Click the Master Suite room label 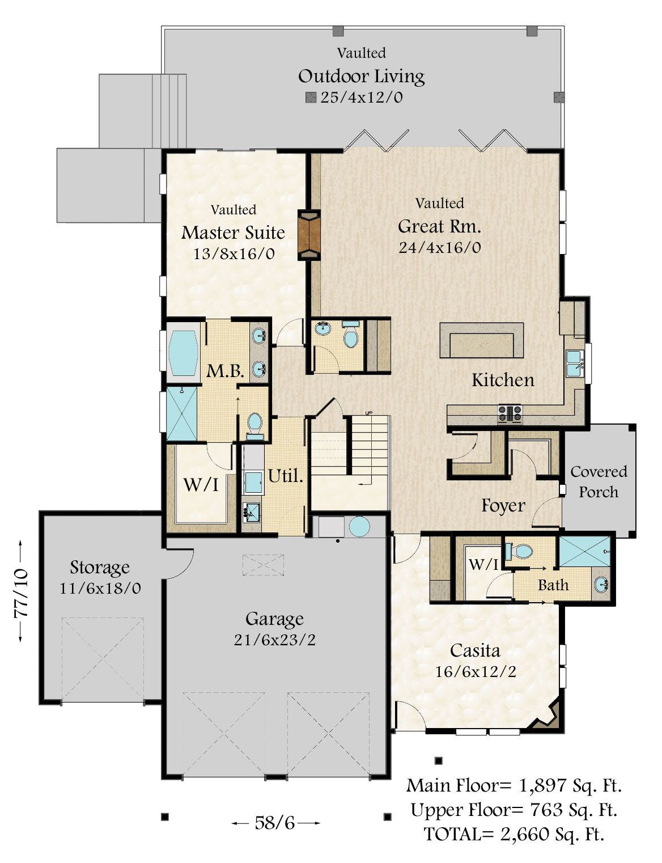(233, 232)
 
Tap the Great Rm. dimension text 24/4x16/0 (440, 248)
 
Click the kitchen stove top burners (510, 412)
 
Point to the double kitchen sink (574, 363)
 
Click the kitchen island (481, 340)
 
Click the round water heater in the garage (359, 527)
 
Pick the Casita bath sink (601, 584)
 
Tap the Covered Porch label (599, 482)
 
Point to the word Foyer (503, 506)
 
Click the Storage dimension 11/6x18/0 (100, 588)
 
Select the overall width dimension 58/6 (275, 823)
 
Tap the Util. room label (286, 476)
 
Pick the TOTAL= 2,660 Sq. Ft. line (514, 834)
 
